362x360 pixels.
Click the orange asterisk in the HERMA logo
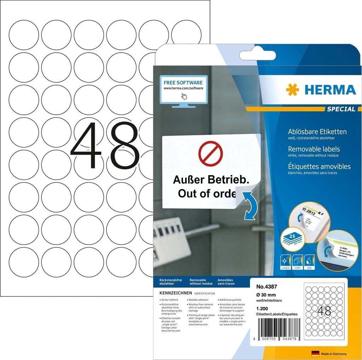pos(292,90)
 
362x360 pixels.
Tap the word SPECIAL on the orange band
pos(341,109)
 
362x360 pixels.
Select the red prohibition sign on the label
pos(211,154)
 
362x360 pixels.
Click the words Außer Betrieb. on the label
pos(210,180)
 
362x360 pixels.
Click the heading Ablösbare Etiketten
pos(317,132)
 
